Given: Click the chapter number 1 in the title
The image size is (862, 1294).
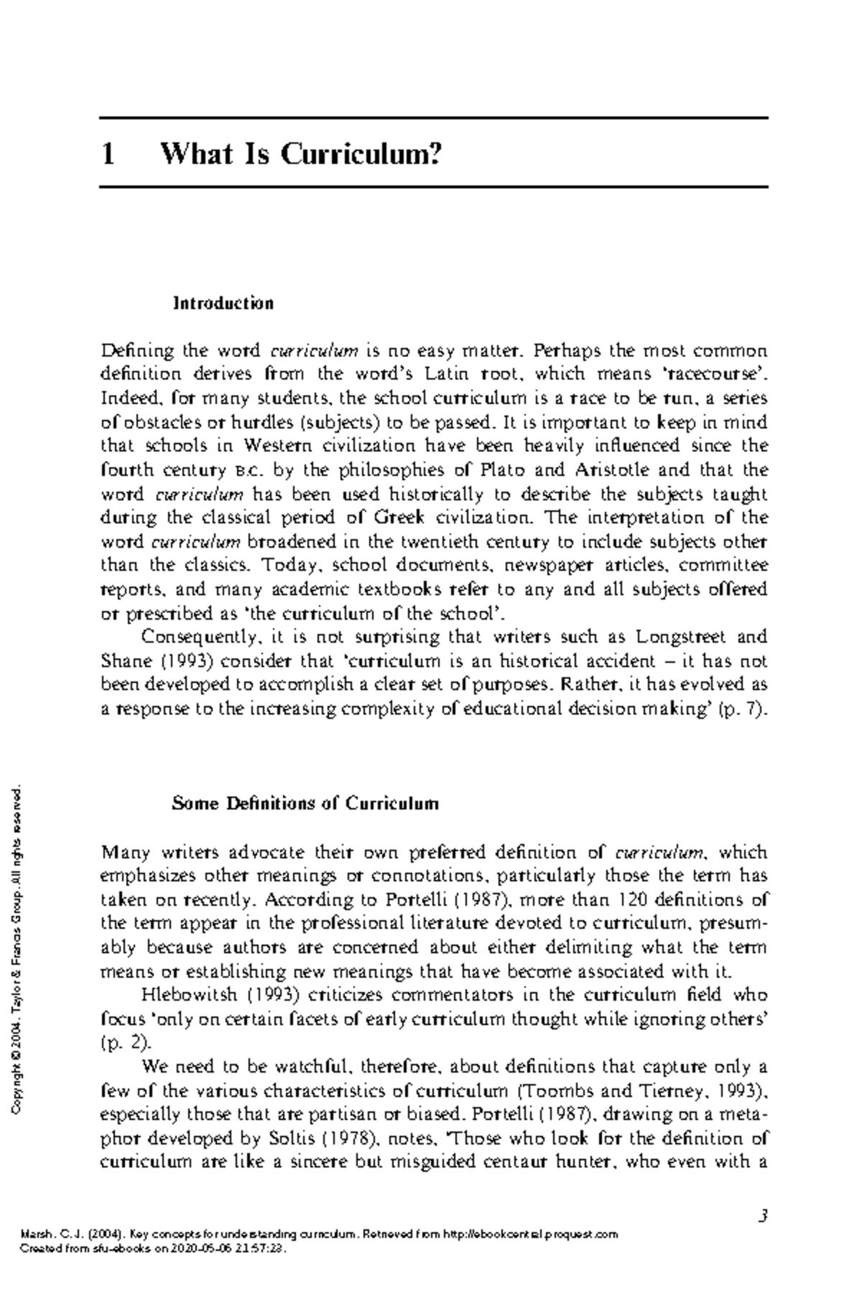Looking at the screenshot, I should (108, 154).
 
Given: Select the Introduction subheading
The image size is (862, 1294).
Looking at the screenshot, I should (223, 303).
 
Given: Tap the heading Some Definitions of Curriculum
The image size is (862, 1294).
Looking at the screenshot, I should (305, 803).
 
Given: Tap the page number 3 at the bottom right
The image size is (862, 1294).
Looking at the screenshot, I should (764, 1216).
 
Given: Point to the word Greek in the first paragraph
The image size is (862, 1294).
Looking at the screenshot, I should (399, 517).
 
